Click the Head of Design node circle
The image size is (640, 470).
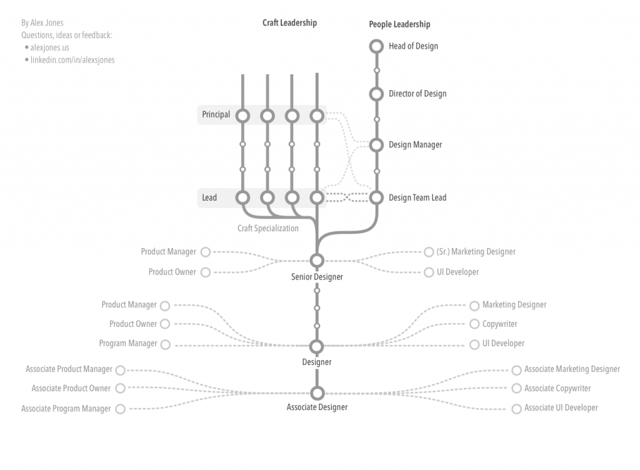(376, 46)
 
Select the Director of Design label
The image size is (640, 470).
(417, 94)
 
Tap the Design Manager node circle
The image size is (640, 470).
(376, 145)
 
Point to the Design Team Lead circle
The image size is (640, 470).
(376, 197)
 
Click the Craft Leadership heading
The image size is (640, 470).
(289, 23)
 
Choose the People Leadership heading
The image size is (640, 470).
(399, 24)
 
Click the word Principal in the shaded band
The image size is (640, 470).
(216, 115)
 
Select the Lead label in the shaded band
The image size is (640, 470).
(209, 197)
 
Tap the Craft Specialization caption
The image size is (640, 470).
(267, 228)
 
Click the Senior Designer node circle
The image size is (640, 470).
(317, 261)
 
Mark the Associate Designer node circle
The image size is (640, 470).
(317, 393)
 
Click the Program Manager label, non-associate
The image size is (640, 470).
(128, 344)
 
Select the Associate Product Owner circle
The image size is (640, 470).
(120, 389)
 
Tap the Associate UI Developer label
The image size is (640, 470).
(561, 408)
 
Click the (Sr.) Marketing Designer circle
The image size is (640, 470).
(429, 252)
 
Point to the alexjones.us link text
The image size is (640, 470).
(49, 47)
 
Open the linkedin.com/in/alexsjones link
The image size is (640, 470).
(72, 60)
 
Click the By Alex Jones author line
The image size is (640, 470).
(42, 23)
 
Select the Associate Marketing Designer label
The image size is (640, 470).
(572, 369)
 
